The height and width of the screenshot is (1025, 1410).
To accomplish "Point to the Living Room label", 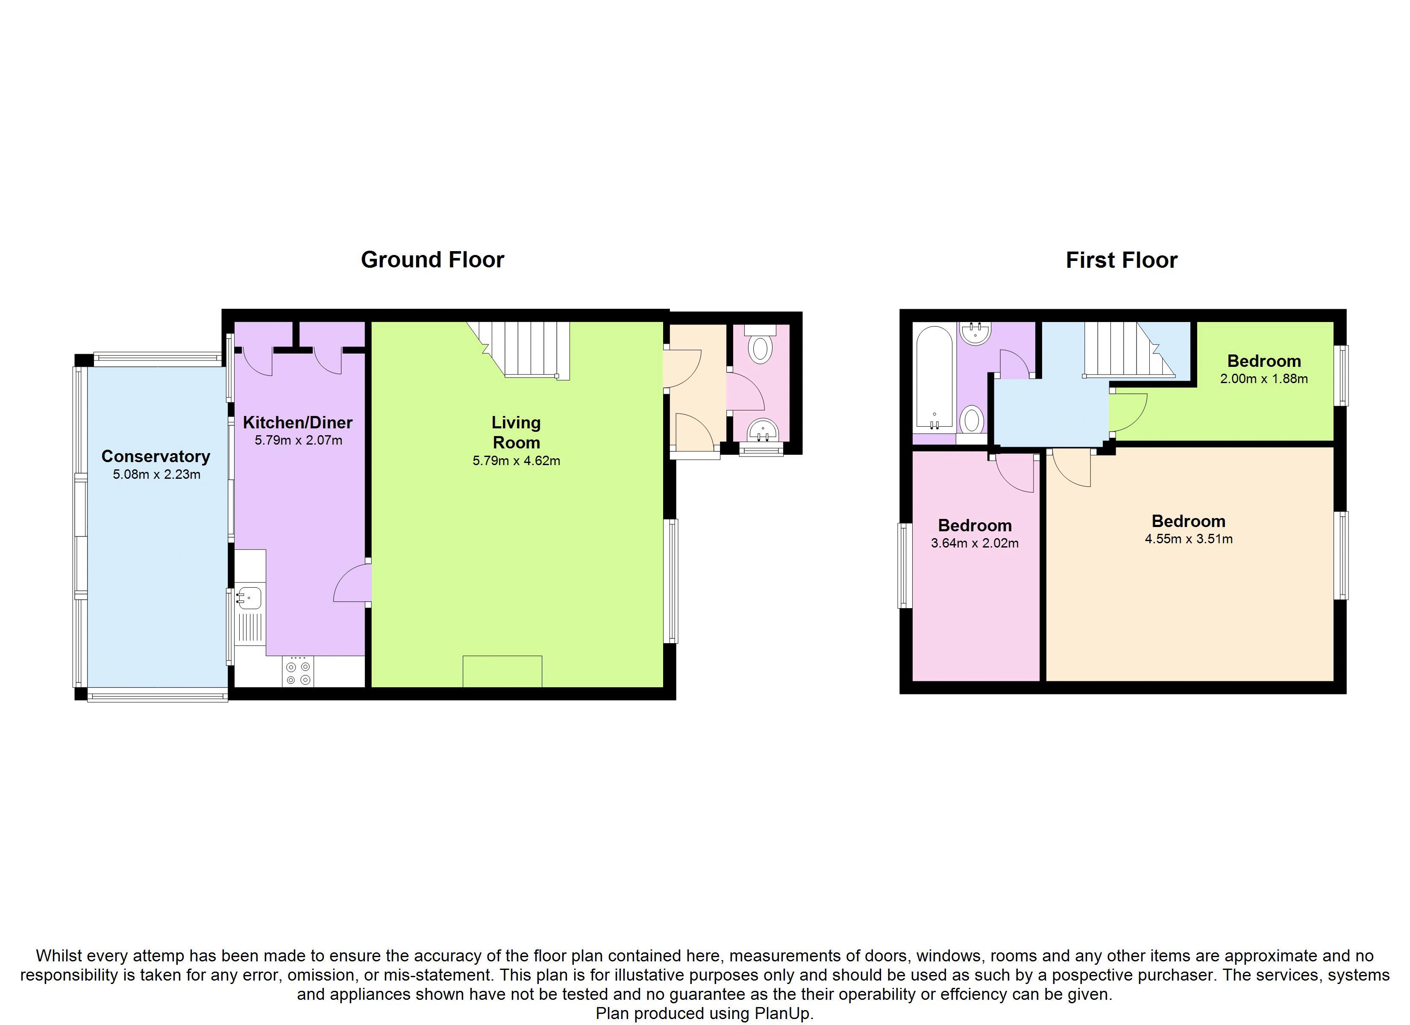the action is pyautogui.click(x=516, y=433).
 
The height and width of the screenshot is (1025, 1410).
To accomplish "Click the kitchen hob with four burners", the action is pyautogui.click(x=298, y=671).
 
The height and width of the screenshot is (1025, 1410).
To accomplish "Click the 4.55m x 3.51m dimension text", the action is pyautogui.click(x=1189, y=539).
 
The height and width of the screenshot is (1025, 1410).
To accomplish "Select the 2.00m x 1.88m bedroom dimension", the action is pyautogui.click(x=1264, y=378).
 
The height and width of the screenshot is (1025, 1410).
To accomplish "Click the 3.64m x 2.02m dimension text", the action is pyautogui.click(x=975, y=543).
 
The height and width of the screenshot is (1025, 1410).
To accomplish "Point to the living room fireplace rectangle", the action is pyautogui.click(x=502, y=671).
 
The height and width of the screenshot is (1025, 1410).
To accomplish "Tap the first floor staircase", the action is pyautogui.click(x=1129, y=349).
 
